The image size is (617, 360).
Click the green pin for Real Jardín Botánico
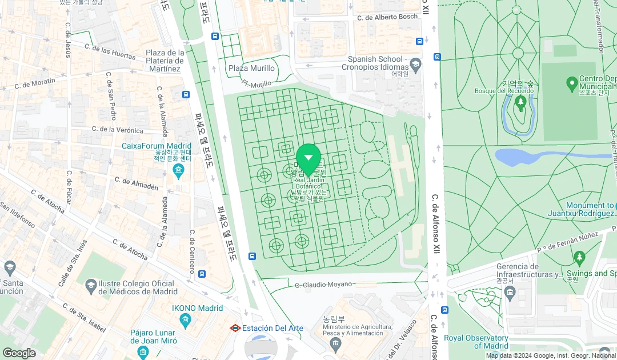pyautogui.click(x=308, y=158)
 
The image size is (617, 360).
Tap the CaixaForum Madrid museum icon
pyautogui.click(x=178, y=171)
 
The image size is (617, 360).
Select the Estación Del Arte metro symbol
pyautogui.click(x=235, y=328)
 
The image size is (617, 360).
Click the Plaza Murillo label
pyautogui.click(x=251, y=68)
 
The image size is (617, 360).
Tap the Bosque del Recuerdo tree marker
pyautogui.click(x=520, y=103)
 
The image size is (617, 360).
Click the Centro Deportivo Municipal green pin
pyautogui.click(x=571, y=85)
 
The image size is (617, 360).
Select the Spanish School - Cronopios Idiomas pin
pyautogui.click(x=415, y=63)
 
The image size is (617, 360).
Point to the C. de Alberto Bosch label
pyautogui.click(x=387, y=17)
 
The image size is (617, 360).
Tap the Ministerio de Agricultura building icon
pyautogui.click(x=335, y=342)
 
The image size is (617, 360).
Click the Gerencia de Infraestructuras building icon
pyautogui.click(x=510, y=294)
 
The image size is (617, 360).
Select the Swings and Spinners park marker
pyautogui.click(x=579, y=259)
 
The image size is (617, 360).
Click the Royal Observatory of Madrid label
pyautogui.click(x=476, y=342)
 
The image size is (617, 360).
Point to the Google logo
pyautogui.click(x=19, y=353)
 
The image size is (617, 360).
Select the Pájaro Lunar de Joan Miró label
pyautogui.click(x=153, y=336)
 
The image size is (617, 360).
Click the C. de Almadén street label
pyautogui.click(x=136, y=183)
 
